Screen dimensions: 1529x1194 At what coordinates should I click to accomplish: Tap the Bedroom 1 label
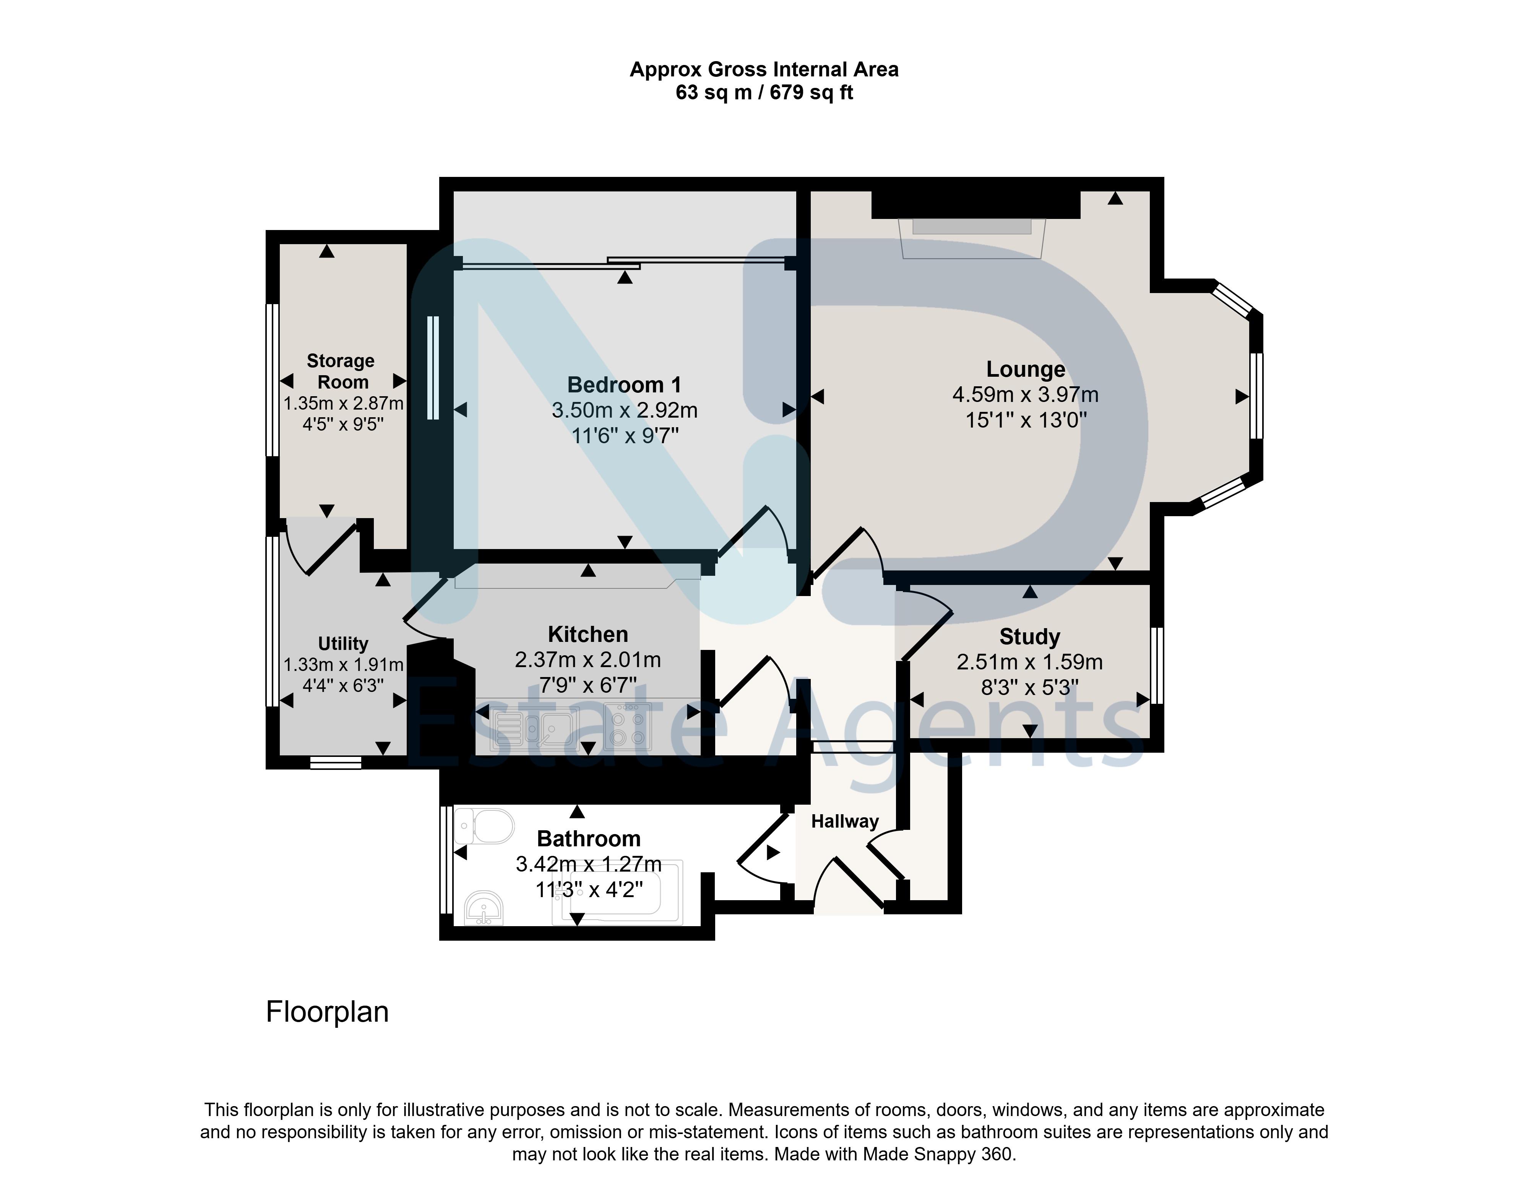(624, 384)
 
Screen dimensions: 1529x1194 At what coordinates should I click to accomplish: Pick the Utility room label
(342, 643)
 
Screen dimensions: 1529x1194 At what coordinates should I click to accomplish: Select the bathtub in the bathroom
(617, 893)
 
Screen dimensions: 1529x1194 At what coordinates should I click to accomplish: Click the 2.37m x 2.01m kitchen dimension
(588, 659)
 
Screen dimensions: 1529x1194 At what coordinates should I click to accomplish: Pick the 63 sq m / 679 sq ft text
(764, 92)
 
